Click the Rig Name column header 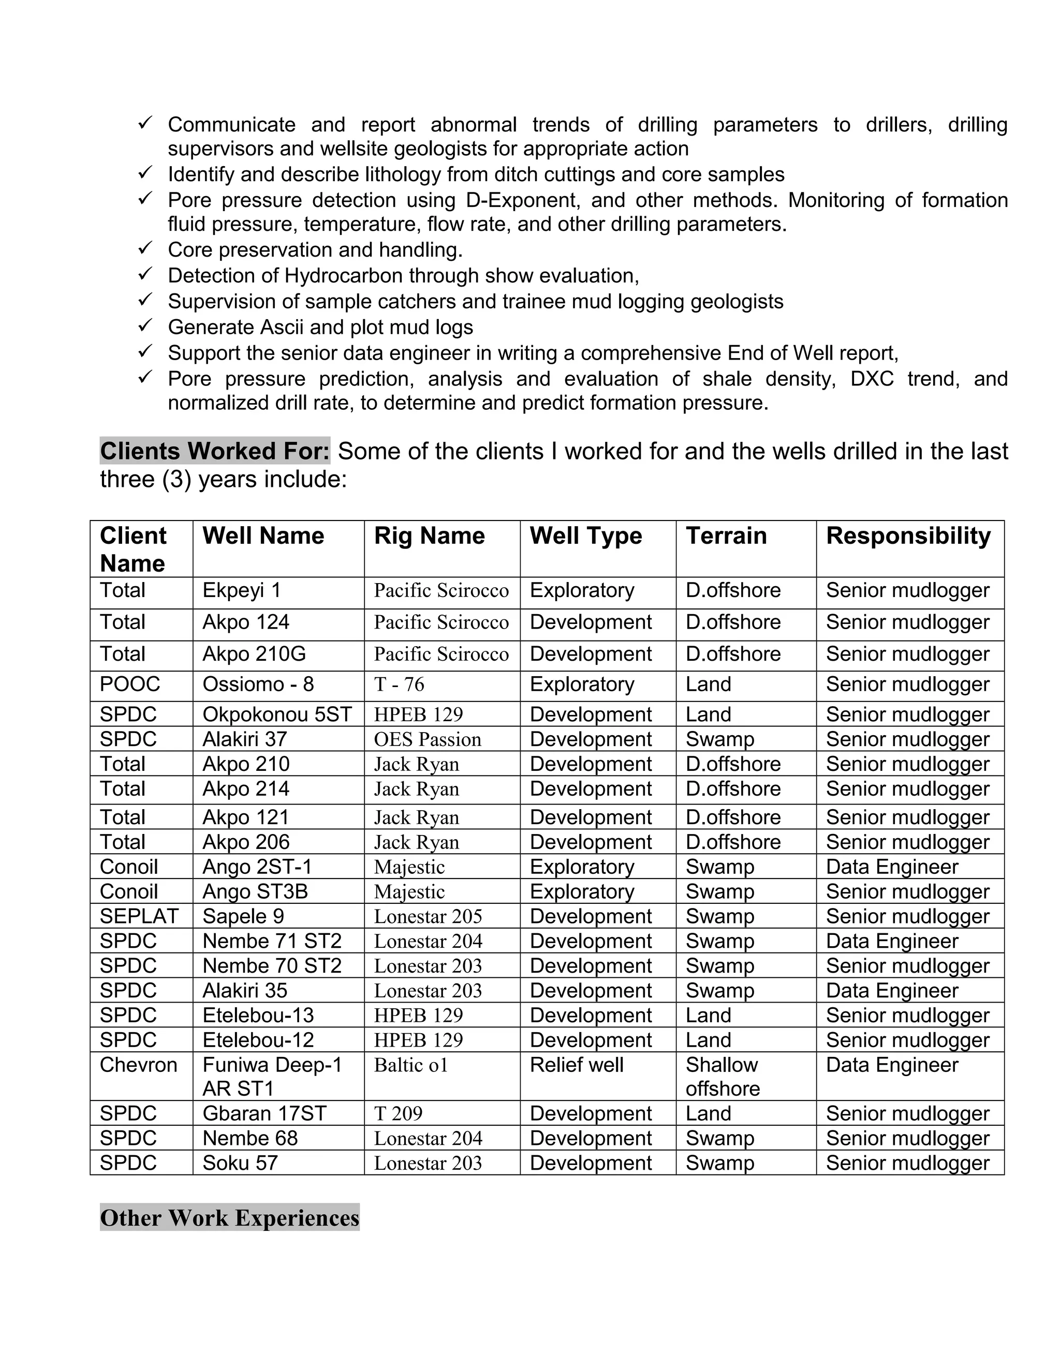coord(430,536)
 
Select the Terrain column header coord(726,536)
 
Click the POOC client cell coord(130,684)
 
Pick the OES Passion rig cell coord(428,739)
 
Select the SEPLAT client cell coord(139,917)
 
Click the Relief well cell coord(577,1065)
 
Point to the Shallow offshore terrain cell coord(722,1077)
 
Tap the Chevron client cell coord(139,1065)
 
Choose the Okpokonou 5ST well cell coord(277,715)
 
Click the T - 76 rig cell coord(400,684)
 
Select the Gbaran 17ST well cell coord(264,1114)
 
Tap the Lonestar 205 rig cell coord(428,917)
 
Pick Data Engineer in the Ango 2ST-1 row coord(892,867)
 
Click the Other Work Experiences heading coord(230,1218)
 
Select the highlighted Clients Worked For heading coord(215,451)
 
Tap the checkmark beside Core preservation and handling coord(145,248)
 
